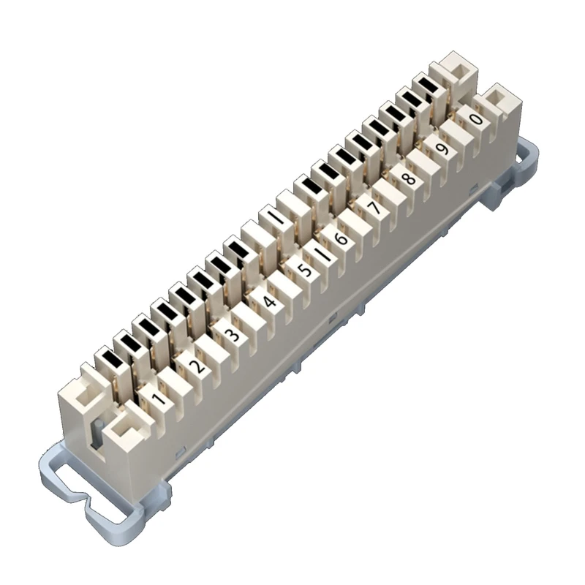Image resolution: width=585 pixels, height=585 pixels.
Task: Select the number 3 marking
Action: [x=231, y=334]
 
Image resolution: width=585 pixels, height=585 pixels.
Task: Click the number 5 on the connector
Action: [x=305, y=269]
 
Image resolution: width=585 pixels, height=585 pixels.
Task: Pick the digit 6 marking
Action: [x=340, y=239]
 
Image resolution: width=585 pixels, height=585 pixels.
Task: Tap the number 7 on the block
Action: [x=374, y=208]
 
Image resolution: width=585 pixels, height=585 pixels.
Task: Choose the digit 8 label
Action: [x=409, y=178]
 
